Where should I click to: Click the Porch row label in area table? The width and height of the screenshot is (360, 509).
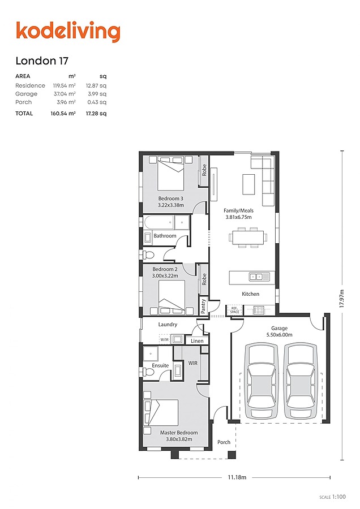(24, 102)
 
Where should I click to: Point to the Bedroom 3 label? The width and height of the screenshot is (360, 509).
(170, 199)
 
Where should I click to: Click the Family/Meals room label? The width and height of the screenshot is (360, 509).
(238, 210)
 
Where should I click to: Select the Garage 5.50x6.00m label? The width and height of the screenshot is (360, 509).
(279, 331)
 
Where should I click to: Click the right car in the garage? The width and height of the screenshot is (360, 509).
(301, 382)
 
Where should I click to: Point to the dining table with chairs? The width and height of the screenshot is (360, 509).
(247, 237)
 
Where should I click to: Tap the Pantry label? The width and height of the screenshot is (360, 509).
(203, 306)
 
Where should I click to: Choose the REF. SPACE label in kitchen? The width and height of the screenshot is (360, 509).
(234, 310)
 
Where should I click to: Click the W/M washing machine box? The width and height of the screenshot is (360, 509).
(164, 340)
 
